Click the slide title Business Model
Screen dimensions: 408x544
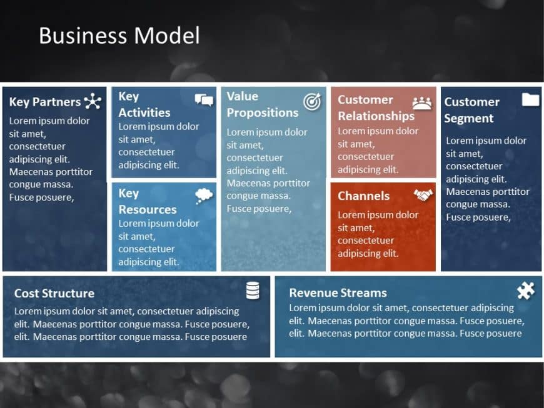coord(119,36)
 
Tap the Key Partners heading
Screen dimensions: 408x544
coord(45,102)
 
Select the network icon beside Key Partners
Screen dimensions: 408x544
coord(93,101)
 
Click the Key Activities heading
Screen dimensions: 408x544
coord(144,104)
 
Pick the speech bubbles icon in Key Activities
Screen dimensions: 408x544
coord(204,100)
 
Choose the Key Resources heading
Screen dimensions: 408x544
coord(148,201)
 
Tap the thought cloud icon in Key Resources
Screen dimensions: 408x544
coord(204,196)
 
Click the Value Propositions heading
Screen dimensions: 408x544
coord(262,104)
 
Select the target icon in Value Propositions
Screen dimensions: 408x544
coord(311,101)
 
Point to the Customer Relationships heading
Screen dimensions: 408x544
coord(376,107)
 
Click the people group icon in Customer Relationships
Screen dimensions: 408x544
coord(422,103)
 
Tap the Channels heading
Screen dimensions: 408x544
coord(363,196)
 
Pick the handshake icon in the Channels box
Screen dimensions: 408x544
coord(423,196)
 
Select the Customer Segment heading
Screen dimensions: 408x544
coord(471,110)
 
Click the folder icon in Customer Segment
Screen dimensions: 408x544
coord(530,100)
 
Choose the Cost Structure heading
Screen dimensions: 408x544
coord(54,293)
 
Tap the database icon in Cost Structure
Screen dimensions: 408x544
coord(253,291)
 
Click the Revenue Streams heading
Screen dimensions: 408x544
coord(338,292)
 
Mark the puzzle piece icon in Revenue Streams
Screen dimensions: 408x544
coord(526,291)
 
